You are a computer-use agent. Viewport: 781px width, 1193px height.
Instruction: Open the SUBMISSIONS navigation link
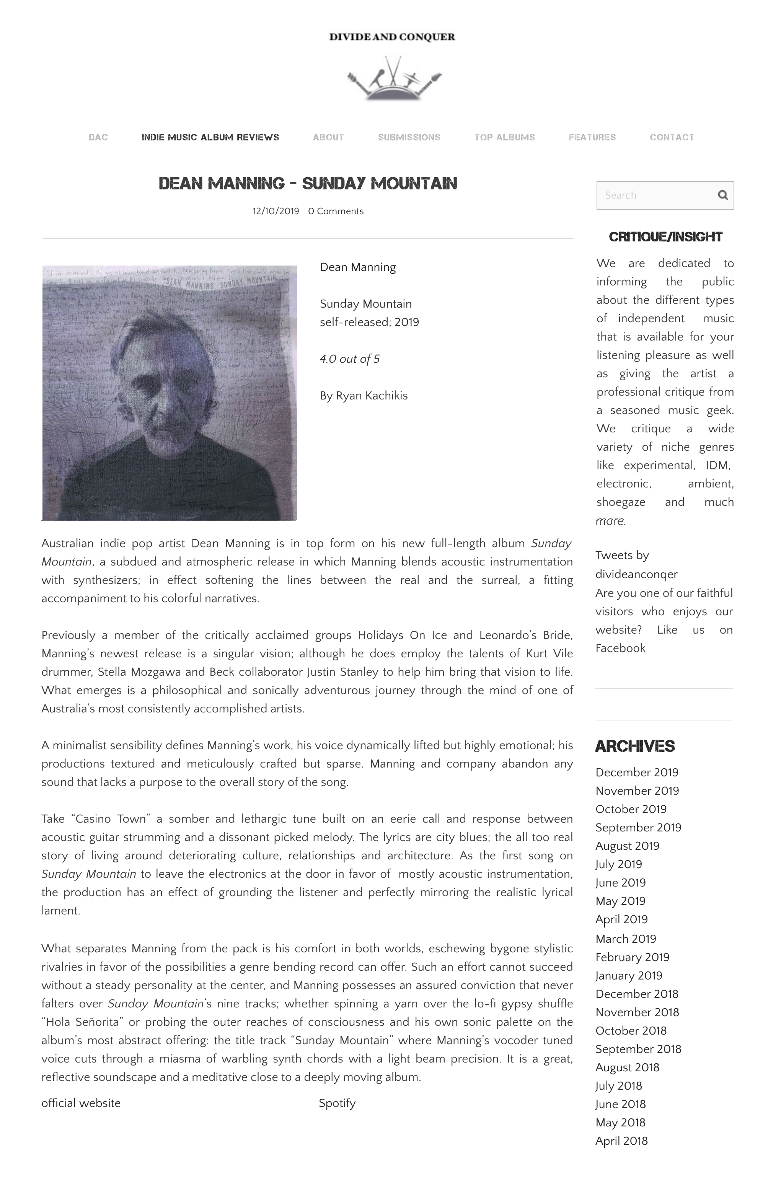409,137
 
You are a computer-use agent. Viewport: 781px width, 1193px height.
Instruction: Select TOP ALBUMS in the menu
504,137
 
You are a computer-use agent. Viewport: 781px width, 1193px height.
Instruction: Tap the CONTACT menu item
671,137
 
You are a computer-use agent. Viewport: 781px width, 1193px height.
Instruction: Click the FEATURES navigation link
592,137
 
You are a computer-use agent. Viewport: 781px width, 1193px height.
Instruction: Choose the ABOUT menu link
328,137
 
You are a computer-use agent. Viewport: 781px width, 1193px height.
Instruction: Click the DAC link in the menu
98,137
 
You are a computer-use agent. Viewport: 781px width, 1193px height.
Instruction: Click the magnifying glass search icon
722,195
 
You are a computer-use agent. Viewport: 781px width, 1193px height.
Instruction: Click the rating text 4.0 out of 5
349,359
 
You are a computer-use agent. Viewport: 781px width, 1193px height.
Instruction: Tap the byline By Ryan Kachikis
364,396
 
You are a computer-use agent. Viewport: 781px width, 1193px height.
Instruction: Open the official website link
81,1103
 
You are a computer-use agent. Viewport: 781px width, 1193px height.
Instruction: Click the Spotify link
337,1103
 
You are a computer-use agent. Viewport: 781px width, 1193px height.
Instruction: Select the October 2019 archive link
631,809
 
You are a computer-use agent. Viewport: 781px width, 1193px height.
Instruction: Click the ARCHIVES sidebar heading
634,746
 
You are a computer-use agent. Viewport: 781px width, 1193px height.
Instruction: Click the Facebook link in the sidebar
620,648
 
